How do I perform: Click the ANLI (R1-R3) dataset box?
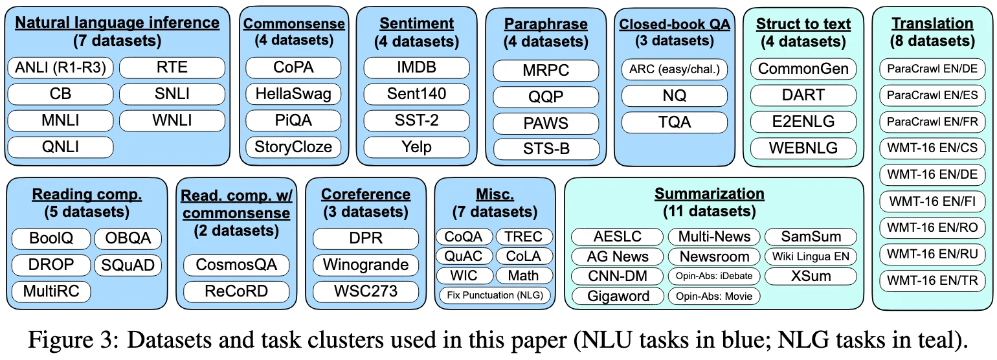point(60,67)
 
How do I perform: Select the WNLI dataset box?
point(172,120)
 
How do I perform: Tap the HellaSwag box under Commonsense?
point(293,94)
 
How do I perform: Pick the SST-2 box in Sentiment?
point(416,120)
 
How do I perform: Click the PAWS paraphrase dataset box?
point(546,122)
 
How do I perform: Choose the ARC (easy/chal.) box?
point(675,69)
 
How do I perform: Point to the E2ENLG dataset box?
point(803,122)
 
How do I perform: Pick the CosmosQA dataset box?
point(236,265)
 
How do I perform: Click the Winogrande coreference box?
point(366,265)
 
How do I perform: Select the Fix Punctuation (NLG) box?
point(495,295)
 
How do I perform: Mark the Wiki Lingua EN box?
point(811,256)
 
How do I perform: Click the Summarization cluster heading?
point(709,194)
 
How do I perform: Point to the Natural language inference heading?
point(117,23)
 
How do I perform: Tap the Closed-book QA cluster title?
point(675,25)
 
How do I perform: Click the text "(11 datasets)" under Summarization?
point(709,211)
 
